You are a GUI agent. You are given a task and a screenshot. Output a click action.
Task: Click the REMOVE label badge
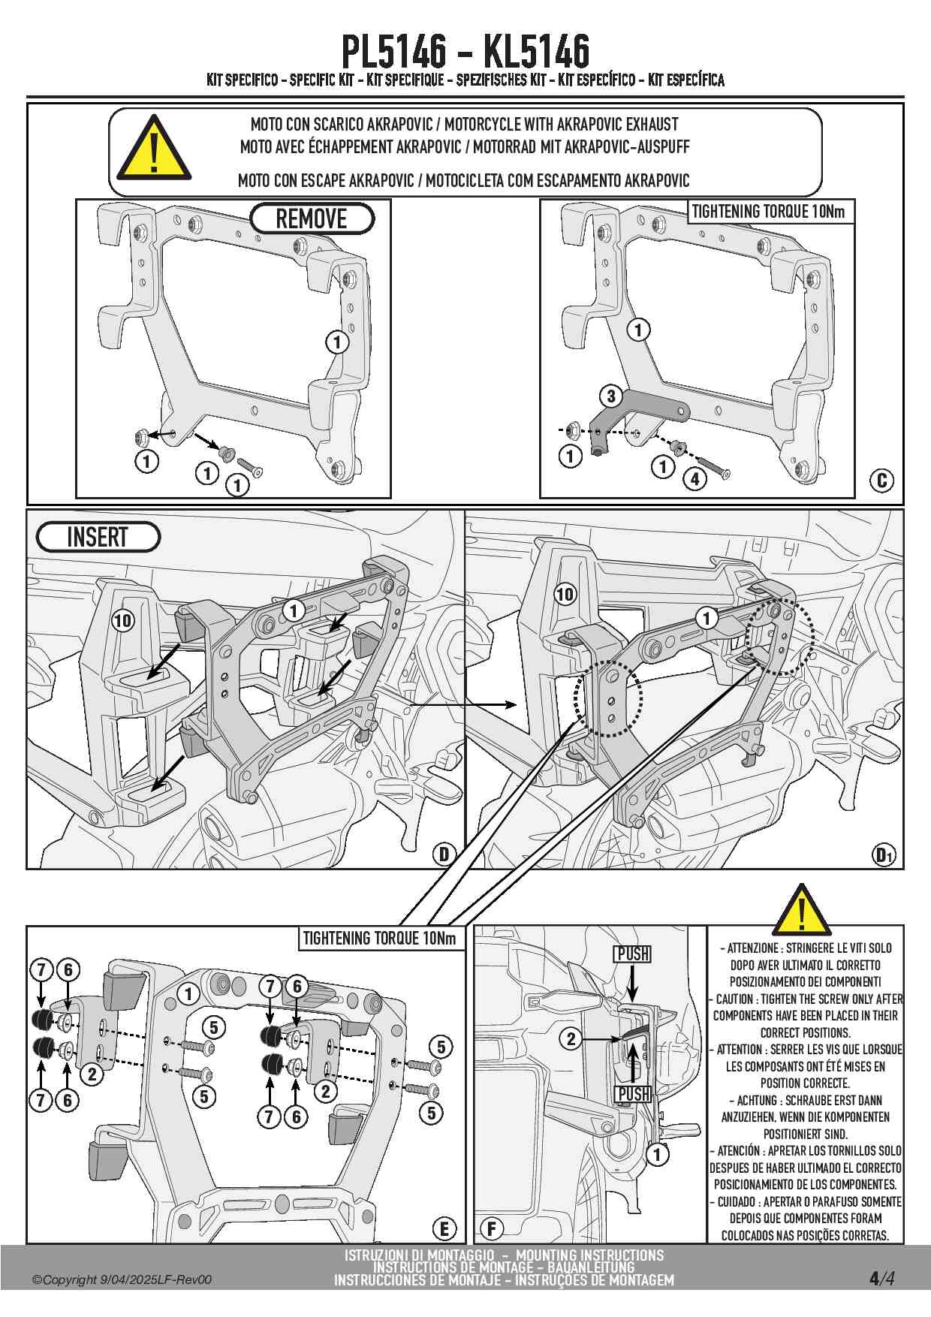click(x=312, y=218)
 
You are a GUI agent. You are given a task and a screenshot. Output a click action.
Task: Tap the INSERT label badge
click(x=98, y=538)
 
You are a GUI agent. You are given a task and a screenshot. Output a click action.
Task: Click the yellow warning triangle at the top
click(x=153, y=150)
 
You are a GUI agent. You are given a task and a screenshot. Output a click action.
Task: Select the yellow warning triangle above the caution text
click(x=801, y=911)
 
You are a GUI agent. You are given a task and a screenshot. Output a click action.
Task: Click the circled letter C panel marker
click(x=882, y=481)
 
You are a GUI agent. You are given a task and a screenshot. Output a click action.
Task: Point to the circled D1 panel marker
click(x=884, y=854)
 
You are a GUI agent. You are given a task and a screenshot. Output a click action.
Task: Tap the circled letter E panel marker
click(x=444, y=1228)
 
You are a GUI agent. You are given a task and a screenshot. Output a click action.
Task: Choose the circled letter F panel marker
click(x=492, y=1228)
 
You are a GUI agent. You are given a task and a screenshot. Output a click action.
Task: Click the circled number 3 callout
click(x=610, y=396)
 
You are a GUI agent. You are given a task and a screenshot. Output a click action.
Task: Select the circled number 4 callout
click(x=694, y=478)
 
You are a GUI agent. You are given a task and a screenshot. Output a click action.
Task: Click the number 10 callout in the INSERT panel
click(x=122, y=620)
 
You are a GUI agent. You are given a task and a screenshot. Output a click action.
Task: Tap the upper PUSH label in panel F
click(x=633, y=954)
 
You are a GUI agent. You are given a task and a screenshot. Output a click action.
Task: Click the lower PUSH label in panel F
click(x=633, y=1094)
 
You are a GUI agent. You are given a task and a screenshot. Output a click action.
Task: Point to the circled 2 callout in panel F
click(x=571, y=1038)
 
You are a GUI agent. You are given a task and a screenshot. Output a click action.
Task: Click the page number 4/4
click(x=882, y=1279)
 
